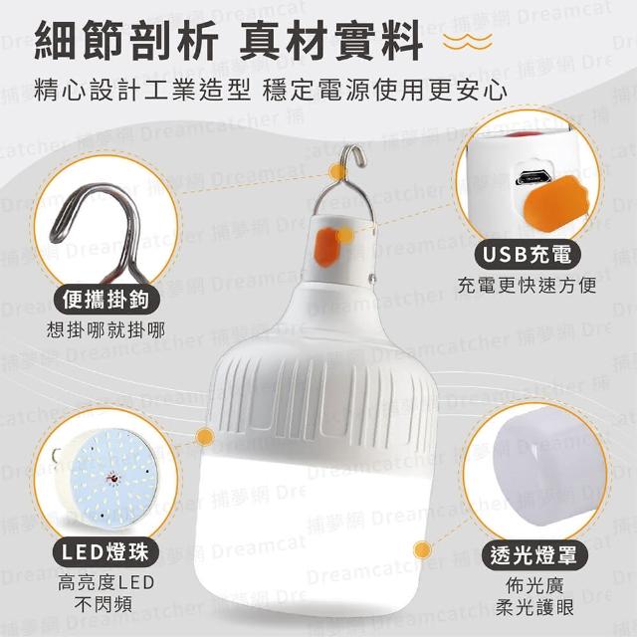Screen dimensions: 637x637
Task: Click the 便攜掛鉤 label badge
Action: click(x=106, y=300)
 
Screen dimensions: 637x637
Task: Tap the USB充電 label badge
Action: click(x=529, y=255)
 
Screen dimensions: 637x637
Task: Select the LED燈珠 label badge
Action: click(x=106, y=552)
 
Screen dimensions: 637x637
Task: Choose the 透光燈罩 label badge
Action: click(x=533, y=555)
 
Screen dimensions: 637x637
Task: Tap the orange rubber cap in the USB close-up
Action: click(x=555, y=202)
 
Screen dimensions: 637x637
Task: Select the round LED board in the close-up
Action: click(x=110, y=480)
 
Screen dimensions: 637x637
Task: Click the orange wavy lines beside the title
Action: click(x=468, y=42)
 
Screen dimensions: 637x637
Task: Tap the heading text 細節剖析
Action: click(x=126, y=42)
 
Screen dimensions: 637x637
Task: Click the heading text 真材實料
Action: click(x=331, y=42)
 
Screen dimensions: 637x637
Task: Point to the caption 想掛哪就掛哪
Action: click(x=106, y=330)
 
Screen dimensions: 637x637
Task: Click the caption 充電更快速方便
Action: click(x=527, y=286)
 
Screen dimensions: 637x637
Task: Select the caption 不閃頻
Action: click(x=104, y=604)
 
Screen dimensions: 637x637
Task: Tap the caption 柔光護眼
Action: click(x=534, y=607)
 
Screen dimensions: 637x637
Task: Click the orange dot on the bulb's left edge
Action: click(x=205, y=437)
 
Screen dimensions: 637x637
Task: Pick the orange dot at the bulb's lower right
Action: click(x=423, y=550)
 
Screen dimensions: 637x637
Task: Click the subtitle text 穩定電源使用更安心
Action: click(x=385, y=91)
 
